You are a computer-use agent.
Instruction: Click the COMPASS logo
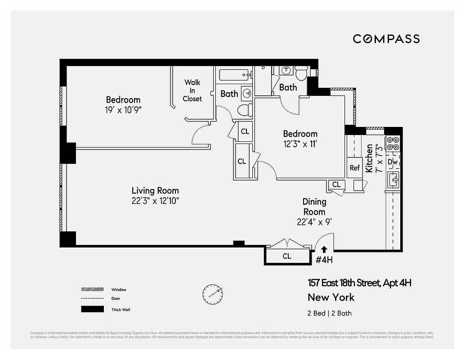pyautogui.click(x=386, y=39)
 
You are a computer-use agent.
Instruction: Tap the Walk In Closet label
pyautogui.click(x=192, y=90)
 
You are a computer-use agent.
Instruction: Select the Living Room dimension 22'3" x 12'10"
pyautogui.click(x=155, y=201)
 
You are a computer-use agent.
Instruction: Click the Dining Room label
pyautogui.click(x=314, y=207)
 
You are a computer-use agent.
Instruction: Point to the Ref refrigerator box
pyautogui.click(x=355, y=167)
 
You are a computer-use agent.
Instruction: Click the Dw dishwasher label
pyautogui.click(x=393, y=162)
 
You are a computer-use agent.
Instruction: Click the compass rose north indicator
pyautogui.click(x=212, y=293)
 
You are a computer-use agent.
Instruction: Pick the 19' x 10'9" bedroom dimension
pyautogui.click(x=123, y=109)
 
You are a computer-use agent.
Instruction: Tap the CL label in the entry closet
pyautogui.click(x=287, y=256)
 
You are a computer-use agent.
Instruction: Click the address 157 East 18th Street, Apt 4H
pyautogui.click(x=359, y=283)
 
